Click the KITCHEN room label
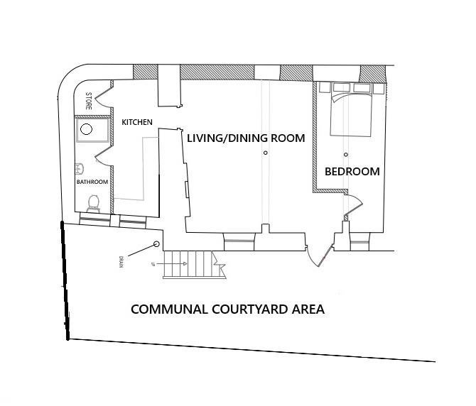[137, 122]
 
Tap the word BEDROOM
[352, 171]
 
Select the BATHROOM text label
[92, 182]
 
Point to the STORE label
[89, 100]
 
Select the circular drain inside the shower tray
[86, 129]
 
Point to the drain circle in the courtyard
[156, 245]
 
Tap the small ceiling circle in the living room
[265, 153]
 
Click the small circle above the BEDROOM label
[346, 154]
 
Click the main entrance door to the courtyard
[320, 250]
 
